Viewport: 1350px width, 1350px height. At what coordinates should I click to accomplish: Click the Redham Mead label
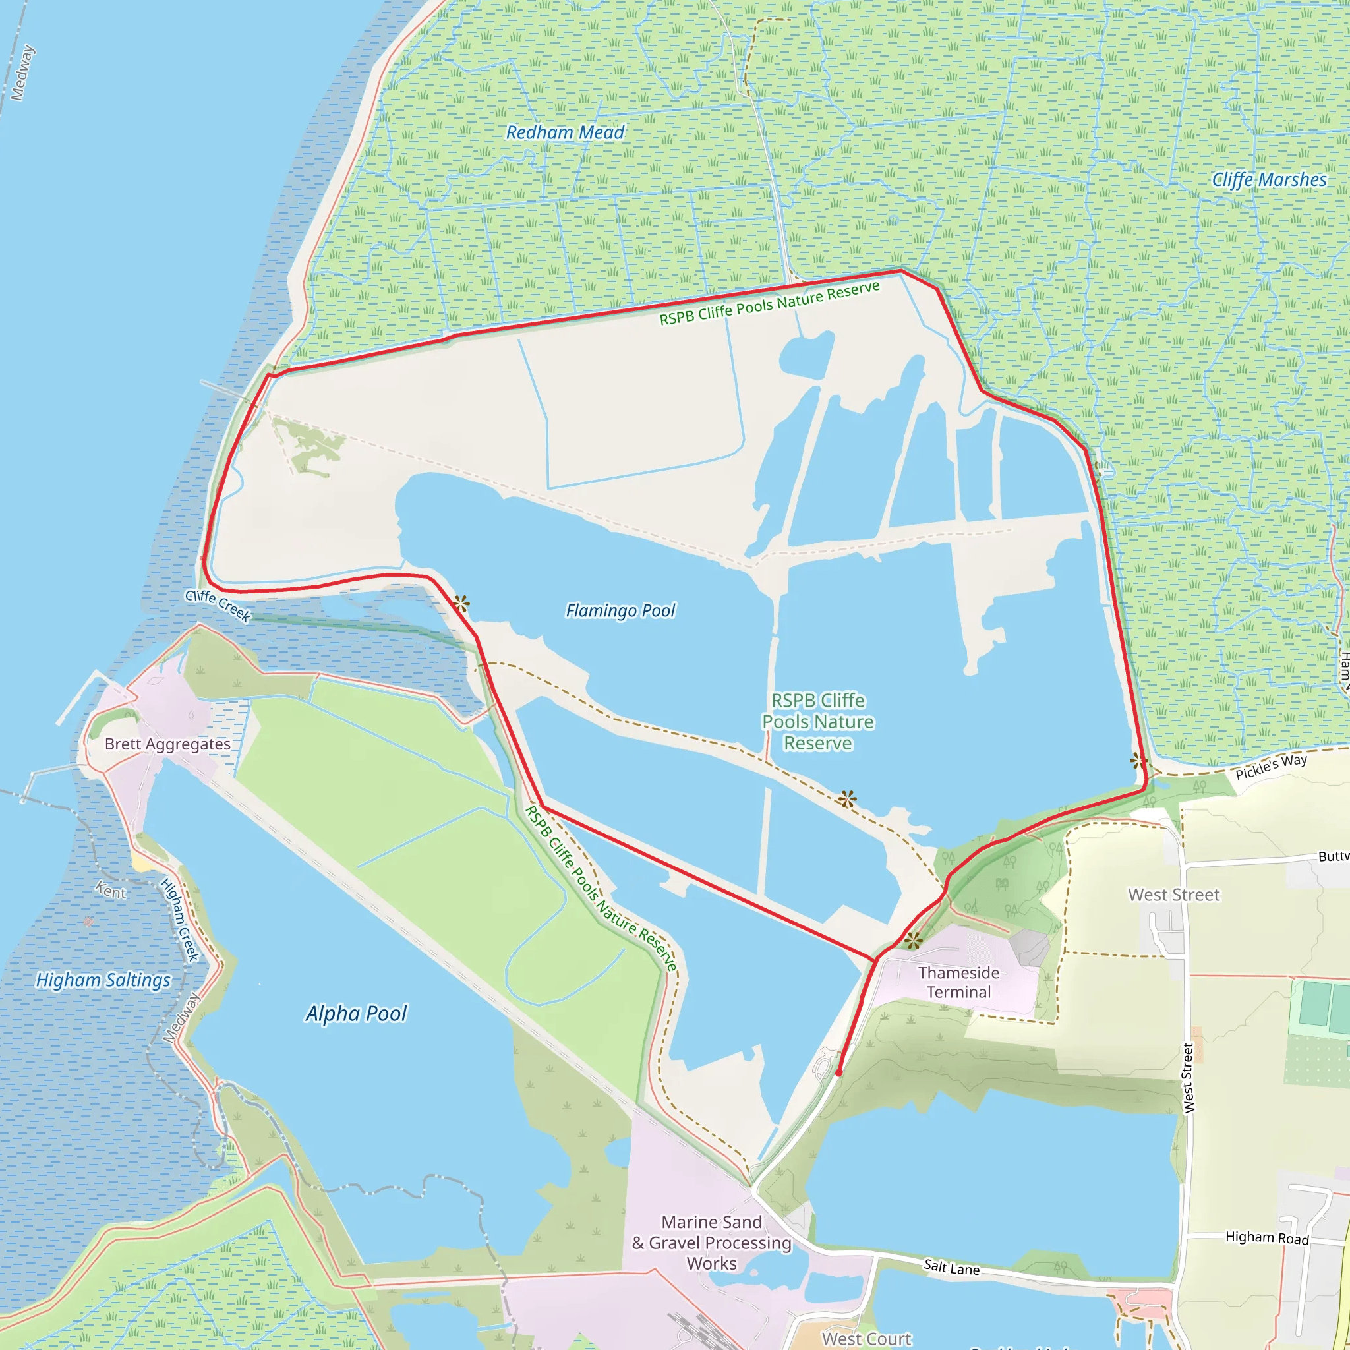coord(565,132)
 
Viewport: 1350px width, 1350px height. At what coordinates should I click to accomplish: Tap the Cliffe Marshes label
coord(1269,179)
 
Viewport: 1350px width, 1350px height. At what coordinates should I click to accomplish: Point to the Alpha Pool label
coord(357,1013)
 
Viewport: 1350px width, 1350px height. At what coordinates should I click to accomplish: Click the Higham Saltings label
coord(103,980)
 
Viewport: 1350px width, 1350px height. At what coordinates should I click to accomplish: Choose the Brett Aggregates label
coord(167,744)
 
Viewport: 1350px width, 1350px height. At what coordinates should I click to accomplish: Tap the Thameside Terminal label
coord(958,982)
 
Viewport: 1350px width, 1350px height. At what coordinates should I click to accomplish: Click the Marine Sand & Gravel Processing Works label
coord(711,1243)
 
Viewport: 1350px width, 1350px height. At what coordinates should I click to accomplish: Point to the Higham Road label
coord(1267,1237)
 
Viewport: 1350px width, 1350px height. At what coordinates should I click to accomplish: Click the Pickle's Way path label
coord(1271,767)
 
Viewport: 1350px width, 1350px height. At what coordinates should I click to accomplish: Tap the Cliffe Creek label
coord(218,605)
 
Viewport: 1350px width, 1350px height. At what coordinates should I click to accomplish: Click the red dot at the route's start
coord(838,1072)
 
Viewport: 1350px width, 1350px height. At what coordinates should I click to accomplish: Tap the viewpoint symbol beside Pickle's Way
coord(1138,761)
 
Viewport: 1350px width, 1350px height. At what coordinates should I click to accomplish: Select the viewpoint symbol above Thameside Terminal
coord(912,941)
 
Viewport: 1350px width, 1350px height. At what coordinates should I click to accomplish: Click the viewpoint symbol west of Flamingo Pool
coord(461,603)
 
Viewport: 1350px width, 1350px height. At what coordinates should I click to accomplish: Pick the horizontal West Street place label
coord(1174,895)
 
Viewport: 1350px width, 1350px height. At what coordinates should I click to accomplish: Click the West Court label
coord(866,1339)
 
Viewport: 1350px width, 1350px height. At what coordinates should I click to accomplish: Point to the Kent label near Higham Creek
coord(110,891)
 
